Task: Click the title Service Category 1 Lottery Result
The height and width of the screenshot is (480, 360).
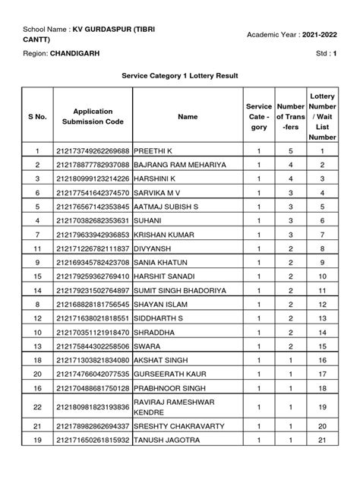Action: [180, 77]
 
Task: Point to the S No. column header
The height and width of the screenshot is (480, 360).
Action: [36, 117]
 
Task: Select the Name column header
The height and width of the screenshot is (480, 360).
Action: [187, 117]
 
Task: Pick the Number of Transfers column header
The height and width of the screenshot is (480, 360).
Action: [290, 117]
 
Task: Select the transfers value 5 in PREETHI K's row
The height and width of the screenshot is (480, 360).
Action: [290, 151]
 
